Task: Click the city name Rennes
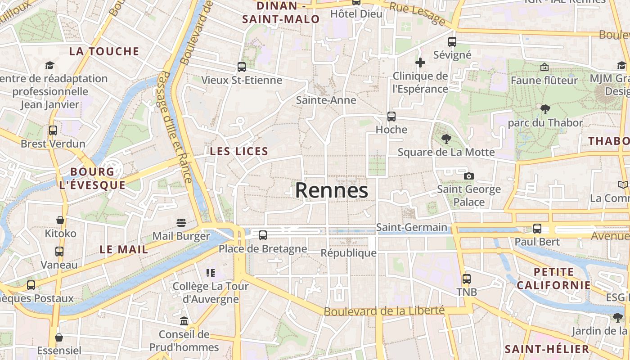pos(332,190)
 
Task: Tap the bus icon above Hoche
pos(391,117)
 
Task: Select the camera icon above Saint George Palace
pos(469,176)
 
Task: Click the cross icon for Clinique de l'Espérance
pos(420,63)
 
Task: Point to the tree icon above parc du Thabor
pos(545,109)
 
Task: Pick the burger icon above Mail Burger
pos(181,223)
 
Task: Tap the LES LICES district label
pos(239,152)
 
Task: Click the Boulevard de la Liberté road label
pos(384,311)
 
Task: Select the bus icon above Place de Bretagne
pos(263,235)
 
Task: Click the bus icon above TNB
pos(467,279)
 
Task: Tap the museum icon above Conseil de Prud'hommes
pos(184,321)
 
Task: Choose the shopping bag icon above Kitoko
pos(60,220)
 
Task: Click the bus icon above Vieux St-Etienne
pos(242,67)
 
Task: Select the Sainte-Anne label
pos(326,100)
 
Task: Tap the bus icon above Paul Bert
pos(537,228)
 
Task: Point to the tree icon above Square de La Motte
pos(446,139)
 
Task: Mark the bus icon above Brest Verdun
pos(53,130)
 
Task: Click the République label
pos(348,253)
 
